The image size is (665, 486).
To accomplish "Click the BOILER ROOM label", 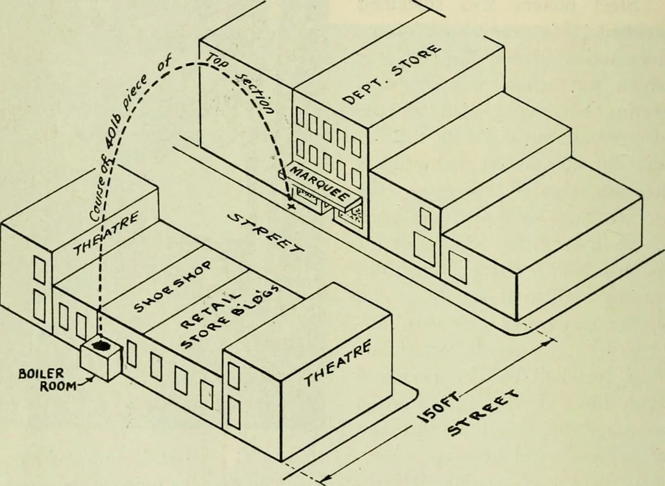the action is pos(42,380).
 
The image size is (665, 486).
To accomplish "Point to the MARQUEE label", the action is pos(321,185).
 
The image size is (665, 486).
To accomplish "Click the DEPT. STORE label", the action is pos(391,74).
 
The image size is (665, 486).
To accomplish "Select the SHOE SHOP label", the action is pos(173,286).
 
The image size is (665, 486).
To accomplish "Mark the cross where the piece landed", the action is pos(291,206).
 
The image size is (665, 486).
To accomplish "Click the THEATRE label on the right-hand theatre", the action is pos(338,363).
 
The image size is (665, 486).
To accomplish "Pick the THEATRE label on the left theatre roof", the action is pos(106,234).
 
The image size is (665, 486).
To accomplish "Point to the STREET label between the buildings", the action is pos(266,233).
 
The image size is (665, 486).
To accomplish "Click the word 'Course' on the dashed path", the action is pos(99,197).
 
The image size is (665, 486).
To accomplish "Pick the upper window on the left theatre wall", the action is pos(39,269).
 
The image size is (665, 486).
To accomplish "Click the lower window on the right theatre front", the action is pos(234,413).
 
